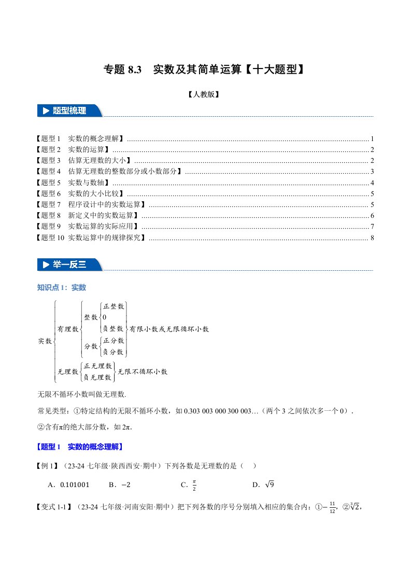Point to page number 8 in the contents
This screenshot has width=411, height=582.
[372, 238]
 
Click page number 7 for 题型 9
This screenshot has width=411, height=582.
[372, 227]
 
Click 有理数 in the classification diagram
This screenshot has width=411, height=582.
[67, 329]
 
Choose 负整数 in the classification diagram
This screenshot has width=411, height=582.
[113, 328]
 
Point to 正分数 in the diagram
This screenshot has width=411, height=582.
[114, 341]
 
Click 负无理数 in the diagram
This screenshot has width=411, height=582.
[101, 377]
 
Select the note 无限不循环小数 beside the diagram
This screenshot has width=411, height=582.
[142, 372]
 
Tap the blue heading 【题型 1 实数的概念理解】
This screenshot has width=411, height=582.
[80, 447]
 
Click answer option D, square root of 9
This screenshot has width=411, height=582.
[263, 486]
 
